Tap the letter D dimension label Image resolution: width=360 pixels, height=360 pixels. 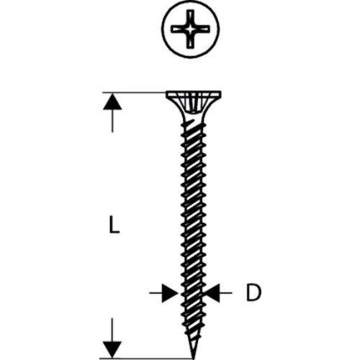click(x=253, y=292)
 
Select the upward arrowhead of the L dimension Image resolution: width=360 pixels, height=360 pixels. click(x=112, y=102)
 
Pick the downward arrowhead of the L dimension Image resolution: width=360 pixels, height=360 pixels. click(x=112, y=349)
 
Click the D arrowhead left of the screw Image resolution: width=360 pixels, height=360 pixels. click(x=171, y=293)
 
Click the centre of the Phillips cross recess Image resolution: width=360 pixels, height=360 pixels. click(x=191, y=30)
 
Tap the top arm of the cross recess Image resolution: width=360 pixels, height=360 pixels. click(x=191, y=17)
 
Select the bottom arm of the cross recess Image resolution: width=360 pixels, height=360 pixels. click(x=191, y=40)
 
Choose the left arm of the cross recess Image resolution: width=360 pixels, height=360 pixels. click(x=179, y=30)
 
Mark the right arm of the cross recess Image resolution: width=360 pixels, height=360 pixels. click(x=202, y=30)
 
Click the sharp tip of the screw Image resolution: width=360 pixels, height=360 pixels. click(x=193, y=359)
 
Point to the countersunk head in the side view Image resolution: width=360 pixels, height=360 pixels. click(x=194, y=103)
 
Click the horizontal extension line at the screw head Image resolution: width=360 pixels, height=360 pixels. click(x=135, y=92)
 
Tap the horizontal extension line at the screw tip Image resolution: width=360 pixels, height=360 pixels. click(x=146, y=359)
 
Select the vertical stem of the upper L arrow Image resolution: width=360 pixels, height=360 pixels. click(x=112, y=121)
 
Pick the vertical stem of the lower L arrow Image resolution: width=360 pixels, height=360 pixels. click(x=112, y=330)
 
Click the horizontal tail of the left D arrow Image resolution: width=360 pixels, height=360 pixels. click(x=156, y=293)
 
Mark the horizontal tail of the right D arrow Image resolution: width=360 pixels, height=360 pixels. click(x=225, y=293)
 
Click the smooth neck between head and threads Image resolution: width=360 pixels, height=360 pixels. click(x=193, y=120)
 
